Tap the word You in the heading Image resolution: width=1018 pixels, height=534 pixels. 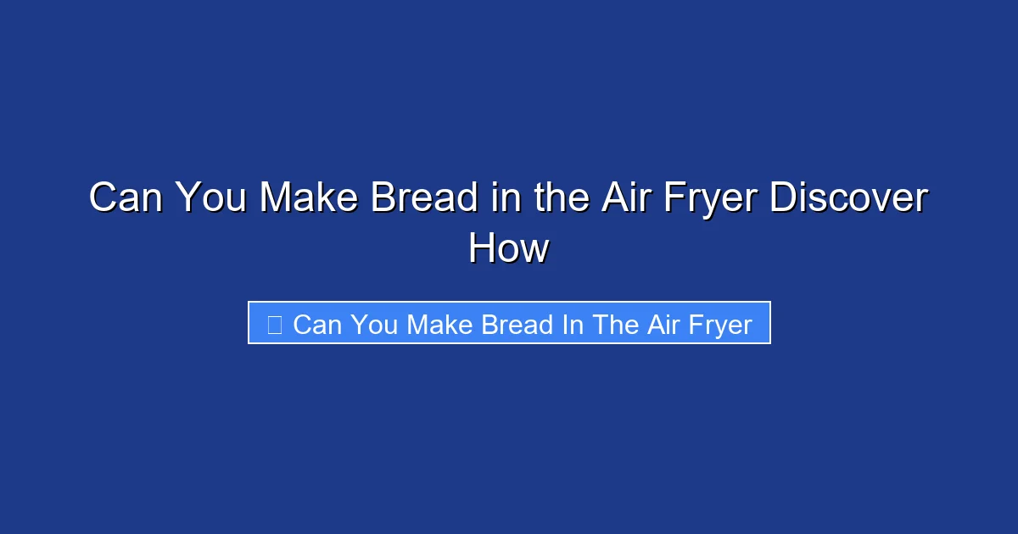point(212,198)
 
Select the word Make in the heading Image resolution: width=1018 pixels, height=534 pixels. point(310,198)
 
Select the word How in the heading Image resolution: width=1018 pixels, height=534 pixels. point(509,249)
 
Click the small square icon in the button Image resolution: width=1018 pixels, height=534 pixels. point(274,324)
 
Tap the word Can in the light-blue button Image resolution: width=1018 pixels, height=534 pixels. point(316,324)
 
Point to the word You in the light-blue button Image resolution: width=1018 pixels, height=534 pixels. point(373,324)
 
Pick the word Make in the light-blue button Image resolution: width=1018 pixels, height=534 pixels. point(439,324)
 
